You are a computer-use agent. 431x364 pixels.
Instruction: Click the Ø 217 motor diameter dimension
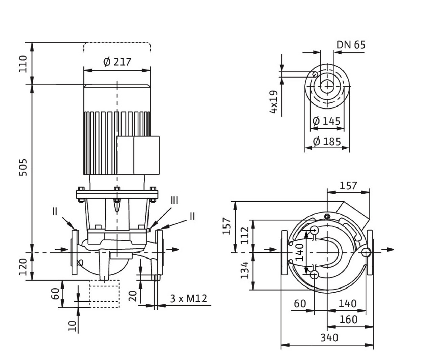(117, 62)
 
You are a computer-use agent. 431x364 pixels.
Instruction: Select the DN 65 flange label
(351, 45)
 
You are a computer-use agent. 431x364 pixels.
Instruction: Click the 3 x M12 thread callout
(188, 299)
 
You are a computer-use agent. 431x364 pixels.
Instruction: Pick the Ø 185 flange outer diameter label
(327, 142)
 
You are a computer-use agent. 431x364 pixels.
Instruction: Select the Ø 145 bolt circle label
(326, 121)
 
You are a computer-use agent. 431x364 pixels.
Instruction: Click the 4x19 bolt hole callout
(274, 102)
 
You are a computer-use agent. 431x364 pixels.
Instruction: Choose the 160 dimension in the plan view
(348, 319)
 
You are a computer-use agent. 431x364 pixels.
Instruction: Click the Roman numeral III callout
(174, 201)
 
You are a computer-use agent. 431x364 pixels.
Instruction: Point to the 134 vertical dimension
(245, 270)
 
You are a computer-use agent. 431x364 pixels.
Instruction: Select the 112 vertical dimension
(245, 235)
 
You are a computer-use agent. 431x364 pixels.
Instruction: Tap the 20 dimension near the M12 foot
(134, 296)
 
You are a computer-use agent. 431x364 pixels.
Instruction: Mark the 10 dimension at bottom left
(72, 326)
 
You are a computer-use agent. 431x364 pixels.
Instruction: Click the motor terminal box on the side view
(138, 155)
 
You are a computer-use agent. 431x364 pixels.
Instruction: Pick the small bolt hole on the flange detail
(315, 74)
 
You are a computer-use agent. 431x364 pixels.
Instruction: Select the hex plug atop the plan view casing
(327, 216)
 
